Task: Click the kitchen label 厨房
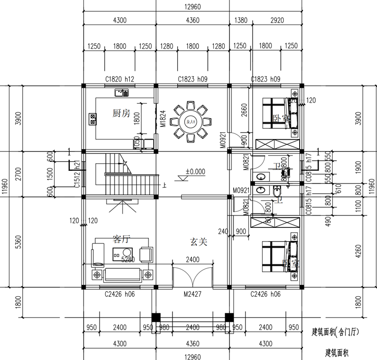point(121,113)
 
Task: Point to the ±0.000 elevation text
point(195,172)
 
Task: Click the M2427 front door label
point(193,294)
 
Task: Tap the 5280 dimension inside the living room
point(129,260)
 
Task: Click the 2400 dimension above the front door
point(193,259)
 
